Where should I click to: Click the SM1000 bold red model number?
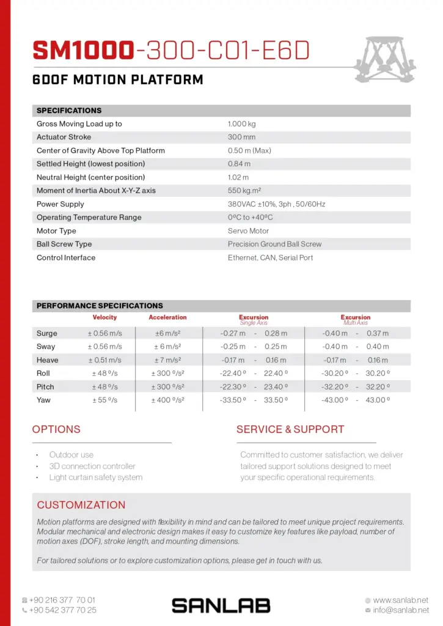pyautogui.click(x=83, y=51)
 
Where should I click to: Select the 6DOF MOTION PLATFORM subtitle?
pyautogui.click(x=117, y=80)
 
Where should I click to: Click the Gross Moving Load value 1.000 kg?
pyautogui.click(x=241, y=124)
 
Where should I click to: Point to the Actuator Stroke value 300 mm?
pyautogui.click(x=241, y=138)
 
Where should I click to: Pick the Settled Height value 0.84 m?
pyautogui.click(x=239, y=164)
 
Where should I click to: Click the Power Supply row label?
pyautogui.click(x=60, y=204)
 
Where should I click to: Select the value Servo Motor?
pyautogui.click(x=248, y=231)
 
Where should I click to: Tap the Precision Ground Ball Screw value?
pyautogui.click(x=274, y=244)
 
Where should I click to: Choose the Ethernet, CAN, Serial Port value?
pyautogui.click(x=270, y=258)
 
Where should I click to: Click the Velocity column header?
pyautogui.click(x=104, y=318)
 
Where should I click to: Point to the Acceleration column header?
pyautogui.click(x=167, y=318)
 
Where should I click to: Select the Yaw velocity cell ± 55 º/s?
pyautogui.click(x=104, y=400)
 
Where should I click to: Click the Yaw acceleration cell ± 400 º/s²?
pyautogui.click(x=167, y=400)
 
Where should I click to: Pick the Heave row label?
pyautogui.click(x=47, y=361)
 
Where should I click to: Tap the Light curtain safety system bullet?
pyautogui.click(x=96, y=477)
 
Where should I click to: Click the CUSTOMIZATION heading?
pyautogui.click(x=81, y=505)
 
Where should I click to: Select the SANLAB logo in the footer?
pyautogui.click(x=221, y=605)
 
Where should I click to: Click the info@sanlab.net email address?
pyautogui.click(x=400, y=610)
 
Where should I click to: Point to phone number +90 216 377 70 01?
pyautogui.click(x=62, y=600)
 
